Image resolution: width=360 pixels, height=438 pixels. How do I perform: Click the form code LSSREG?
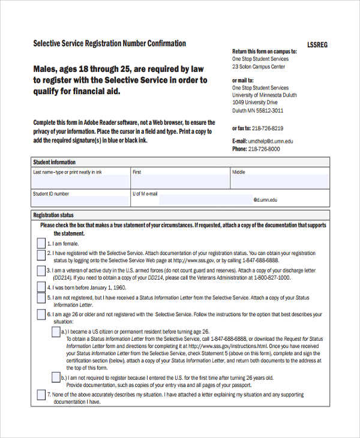click(318, 45)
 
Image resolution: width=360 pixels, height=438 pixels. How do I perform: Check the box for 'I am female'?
click(41, 244)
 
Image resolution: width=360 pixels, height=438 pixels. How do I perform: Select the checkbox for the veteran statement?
click(41, 272)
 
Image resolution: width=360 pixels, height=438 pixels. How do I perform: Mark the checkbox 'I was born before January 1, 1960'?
click(41, 286)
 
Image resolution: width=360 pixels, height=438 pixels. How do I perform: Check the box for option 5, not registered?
click(41, 298)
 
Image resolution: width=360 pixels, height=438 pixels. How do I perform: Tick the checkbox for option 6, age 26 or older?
click(41, 314)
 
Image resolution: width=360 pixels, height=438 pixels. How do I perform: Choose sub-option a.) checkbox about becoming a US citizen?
click(56, 332)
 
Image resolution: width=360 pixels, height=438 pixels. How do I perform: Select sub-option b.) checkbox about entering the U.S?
click(56, 378)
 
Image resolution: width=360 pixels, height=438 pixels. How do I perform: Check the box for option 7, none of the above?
click(41, 395)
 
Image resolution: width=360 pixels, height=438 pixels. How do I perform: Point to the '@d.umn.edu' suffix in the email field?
click(265, 200)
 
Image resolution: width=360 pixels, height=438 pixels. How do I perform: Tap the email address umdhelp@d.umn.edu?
click(272, 141)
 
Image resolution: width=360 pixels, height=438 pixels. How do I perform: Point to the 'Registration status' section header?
click(53, 215)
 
